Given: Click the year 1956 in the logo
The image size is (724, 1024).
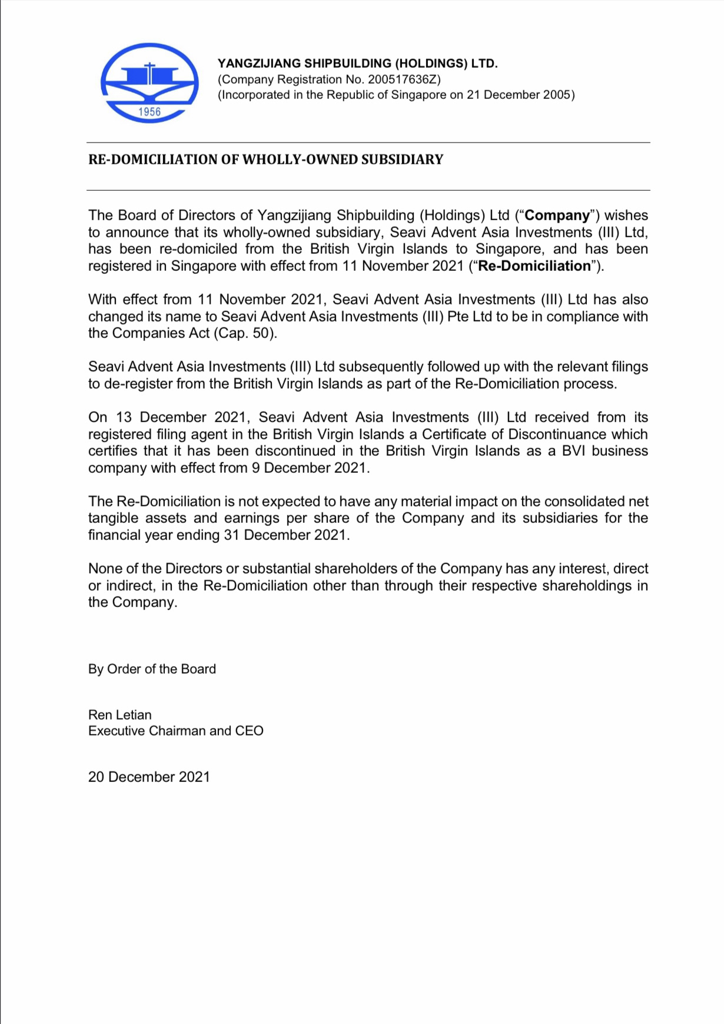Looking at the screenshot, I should (150, 112).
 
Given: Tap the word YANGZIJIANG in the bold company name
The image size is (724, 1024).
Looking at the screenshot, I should (259, 64).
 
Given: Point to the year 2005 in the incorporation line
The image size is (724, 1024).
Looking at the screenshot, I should (557, 95).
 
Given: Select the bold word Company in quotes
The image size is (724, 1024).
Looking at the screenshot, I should (557, 216).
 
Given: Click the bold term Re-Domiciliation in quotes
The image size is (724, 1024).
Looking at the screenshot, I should (534, 266).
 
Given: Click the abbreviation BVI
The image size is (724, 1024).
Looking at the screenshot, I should (574, 451).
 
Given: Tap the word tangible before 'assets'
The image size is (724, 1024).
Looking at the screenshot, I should (114, 518).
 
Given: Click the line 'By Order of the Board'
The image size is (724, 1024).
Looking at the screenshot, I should (152, 669).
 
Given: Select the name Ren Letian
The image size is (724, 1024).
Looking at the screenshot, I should (120, 715).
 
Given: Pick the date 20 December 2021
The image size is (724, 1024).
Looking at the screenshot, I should (149, 777).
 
